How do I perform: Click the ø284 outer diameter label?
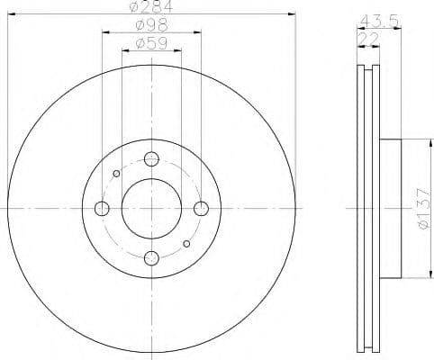pos(151,8)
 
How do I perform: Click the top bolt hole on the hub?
pos(151,159)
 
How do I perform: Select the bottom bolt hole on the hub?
pos(151,259)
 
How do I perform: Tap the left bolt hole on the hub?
pos(102,209)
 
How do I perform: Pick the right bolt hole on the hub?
pos(201,209)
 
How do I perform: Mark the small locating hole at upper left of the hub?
pos(116,175)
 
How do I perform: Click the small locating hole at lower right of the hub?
pos(186,243)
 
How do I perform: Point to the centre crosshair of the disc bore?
pos(151,209)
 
